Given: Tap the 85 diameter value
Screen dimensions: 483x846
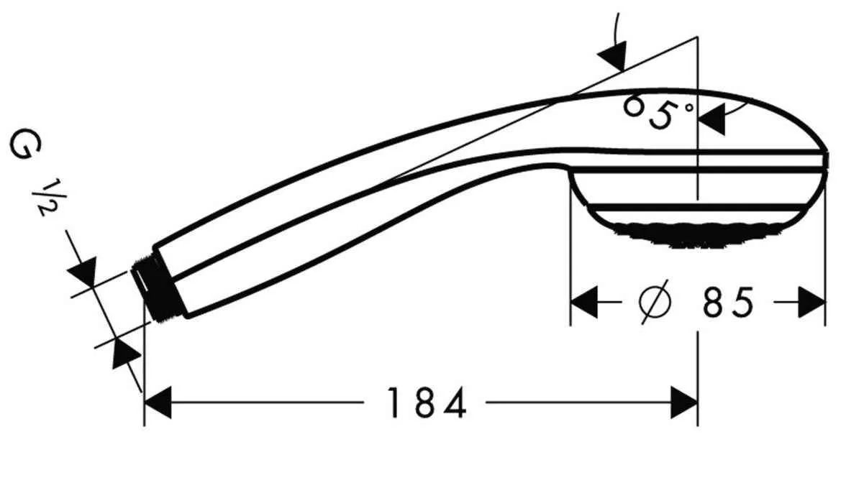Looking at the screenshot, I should [728, 303].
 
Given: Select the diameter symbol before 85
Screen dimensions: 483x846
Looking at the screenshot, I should [655, 303].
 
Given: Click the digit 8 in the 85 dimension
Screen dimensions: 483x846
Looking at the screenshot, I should [714, 303].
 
